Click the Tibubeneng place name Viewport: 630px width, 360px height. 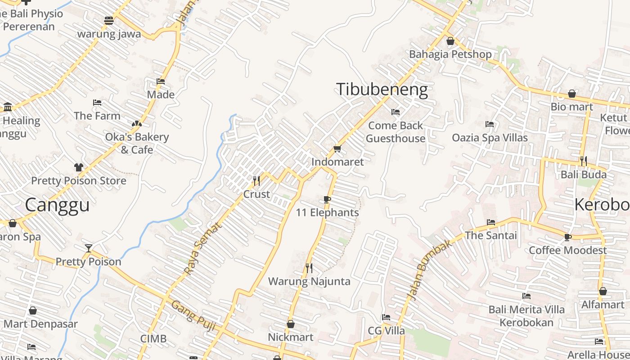pyautogui.click(x=382, y=90)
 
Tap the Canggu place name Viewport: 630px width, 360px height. pyautogui.click(x=57, y=205)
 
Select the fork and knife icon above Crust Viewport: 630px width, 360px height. pyautogui.click(x=256, y=181)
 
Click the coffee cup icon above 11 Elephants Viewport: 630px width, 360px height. pyautogui.click(x=327, y=199)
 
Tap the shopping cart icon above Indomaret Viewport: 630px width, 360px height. pyautogui.click(x=337, y=148)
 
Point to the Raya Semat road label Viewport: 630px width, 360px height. pyautogui.click(x=203, y=248)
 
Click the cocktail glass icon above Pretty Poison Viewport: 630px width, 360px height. pyautogui.click(x=89, y=248)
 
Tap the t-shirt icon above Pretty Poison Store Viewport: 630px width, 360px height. pyautogui.click(x=79, y=167)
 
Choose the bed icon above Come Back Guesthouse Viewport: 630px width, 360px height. pyautogui.click(x=396, y=112)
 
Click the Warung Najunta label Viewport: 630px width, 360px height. pyautogui.click(x=309, y=282)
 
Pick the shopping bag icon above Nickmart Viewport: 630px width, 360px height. pyautogui.click(x=291, y=324)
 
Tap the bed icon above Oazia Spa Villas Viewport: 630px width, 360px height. pyautogui.click(x=490, y=124)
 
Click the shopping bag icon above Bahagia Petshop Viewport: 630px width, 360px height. pyautogui.click(x=450, y=41)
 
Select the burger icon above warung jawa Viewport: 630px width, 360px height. pyautogui.click(x=108, y=20)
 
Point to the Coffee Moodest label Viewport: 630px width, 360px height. pyautogui.click(x=568, y=250)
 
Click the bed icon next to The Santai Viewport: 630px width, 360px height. pyautogui.click(x=491, y=222)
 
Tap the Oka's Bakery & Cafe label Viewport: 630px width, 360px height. pyautogui.click(x=137, y=143)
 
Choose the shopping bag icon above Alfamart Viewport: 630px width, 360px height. pyautogui.click(x=603, y=291)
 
